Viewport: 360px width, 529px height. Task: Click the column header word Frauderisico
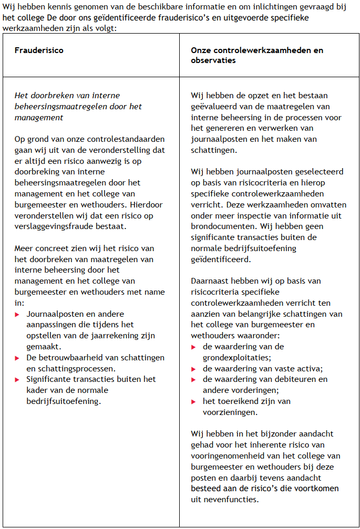[x=39, y=50]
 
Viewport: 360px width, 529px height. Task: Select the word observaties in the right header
[x=213, y=60]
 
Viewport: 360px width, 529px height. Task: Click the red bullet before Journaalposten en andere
[x=17, y=314]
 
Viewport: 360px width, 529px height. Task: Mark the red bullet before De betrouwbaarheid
[x=17, y=358]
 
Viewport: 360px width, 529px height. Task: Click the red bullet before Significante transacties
[x=17, y=379]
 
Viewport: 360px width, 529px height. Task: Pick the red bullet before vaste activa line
[x=194, y=368]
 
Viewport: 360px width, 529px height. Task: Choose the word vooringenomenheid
[x=230, y=456]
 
